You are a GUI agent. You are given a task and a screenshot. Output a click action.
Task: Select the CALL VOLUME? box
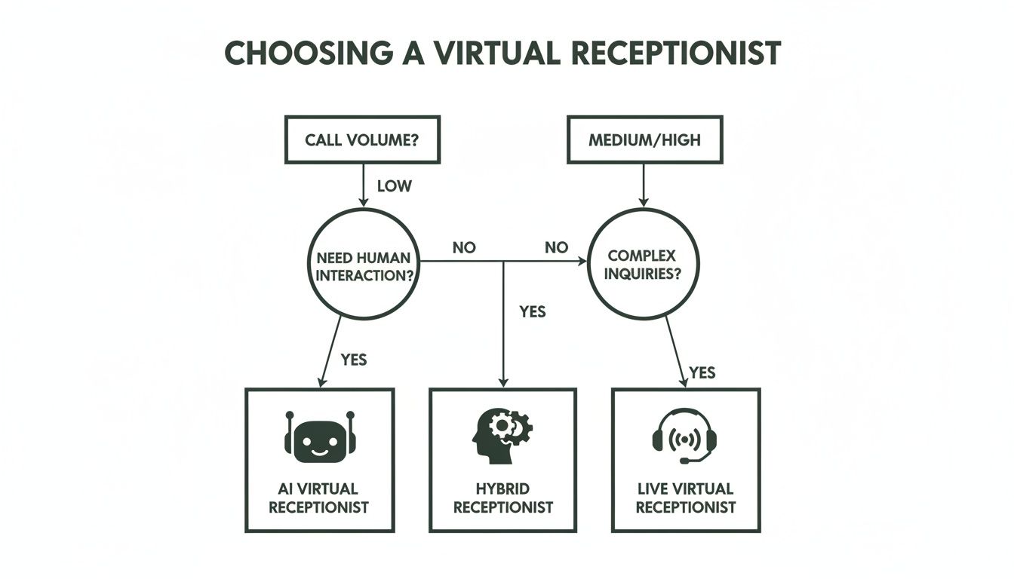[362, 139]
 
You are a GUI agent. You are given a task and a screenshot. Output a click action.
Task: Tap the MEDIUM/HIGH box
[644, 139]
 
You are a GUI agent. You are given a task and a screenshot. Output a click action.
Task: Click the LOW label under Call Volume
[394, 185]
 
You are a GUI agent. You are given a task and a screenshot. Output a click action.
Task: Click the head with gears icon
[502, 435]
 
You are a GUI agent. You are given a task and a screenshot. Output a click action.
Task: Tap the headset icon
[684, 437]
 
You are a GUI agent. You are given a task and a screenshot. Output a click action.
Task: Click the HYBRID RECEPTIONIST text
[502, 498]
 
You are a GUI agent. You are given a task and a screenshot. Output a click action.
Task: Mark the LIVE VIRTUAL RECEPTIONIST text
[685, 498]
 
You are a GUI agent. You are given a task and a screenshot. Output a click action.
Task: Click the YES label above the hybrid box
[532, 311]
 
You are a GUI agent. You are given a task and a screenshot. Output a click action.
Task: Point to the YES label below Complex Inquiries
[702, 372]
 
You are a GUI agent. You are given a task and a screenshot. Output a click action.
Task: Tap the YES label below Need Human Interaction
[353, 360]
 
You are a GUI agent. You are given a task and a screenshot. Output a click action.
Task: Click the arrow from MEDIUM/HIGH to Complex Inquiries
[644, 185]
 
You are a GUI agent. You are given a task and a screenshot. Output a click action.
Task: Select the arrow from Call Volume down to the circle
[363, 185]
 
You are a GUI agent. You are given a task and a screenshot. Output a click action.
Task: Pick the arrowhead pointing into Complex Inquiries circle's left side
[581, 262]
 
